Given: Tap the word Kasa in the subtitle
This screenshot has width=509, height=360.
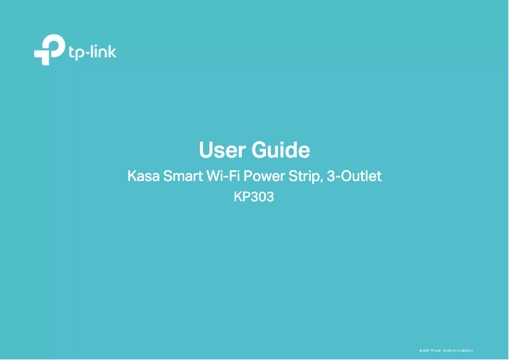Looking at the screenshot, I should [143, 176].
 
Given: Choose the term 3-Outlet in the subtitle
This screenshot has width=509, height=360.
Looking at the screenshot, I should [354, 176].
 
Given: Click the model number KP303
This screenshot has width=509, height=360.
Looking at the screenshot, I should [254, 197].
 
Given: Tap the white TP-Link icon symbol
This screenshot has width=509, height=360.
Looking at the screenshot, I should [49, 51].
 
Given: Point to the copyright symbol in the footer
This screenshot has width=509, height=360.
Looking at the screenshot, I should [421, 350].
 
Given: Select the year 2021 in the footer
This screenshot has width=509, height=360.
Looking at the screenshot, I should [426, 350].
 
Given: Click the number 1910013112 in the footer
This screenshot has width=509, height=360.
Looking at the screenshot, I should [451, 350].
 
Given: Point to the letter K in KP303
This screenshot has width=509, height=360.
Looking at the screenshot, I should [238, 197].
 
